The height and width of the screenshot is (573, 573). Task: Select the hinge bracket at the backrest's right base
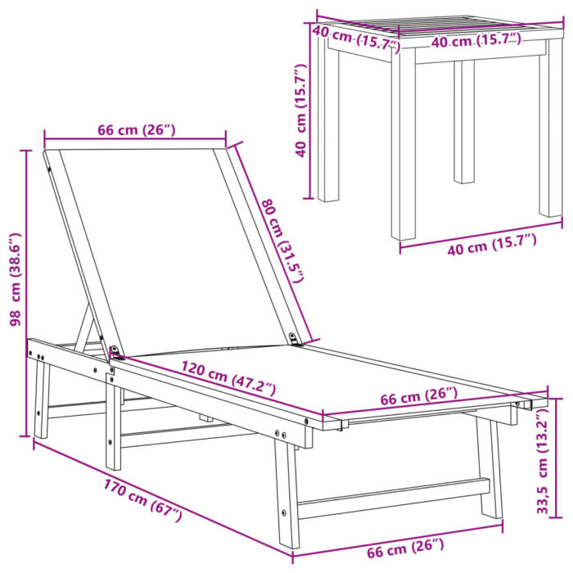pos(296,338)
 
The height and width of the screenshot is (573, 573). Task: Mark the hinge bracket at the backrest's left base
pos(117,353)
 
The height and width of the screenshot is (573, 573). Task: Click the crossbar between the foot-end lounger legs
pos(393,499)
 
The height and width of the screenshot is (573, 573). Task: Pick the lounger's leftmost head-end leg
pos(41,401)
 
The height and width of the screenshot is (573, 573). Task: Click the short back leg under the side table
pos(464,123)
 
